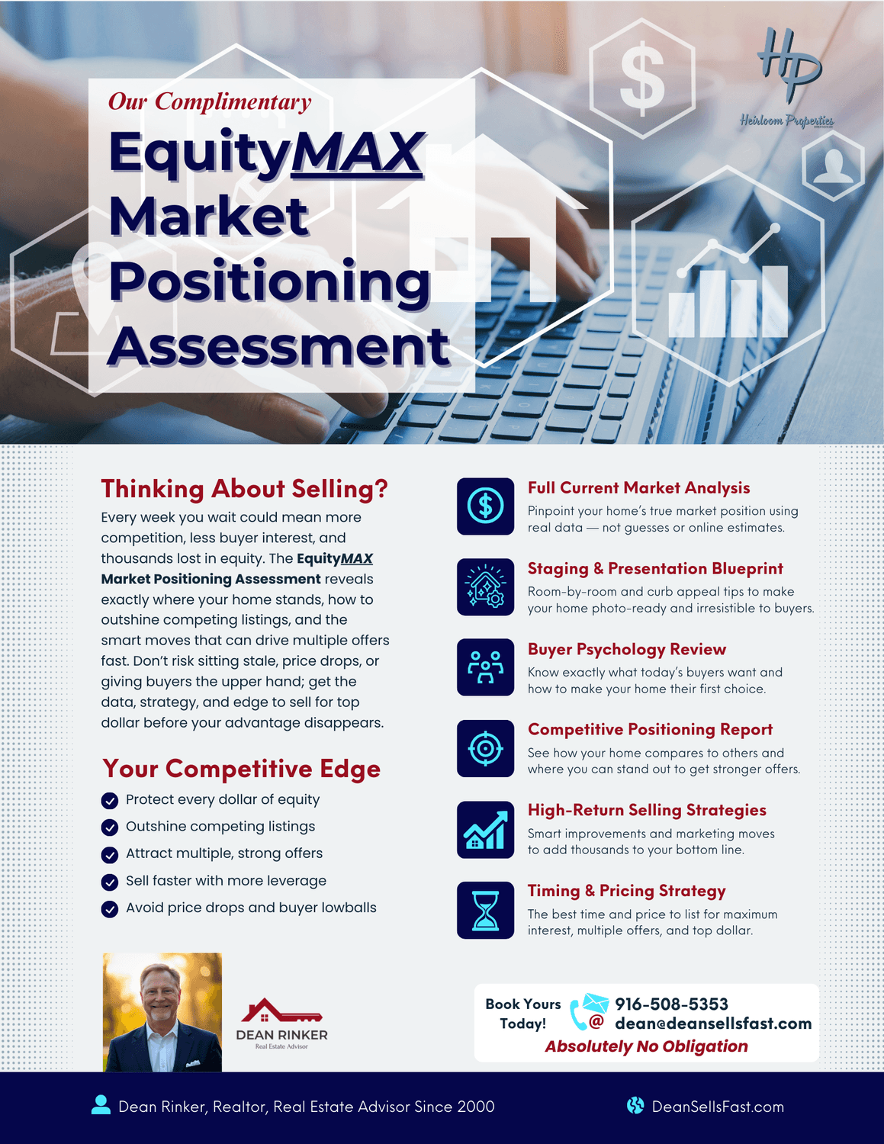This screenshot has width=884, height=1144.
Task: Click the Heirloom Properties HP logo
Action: coord(787,77)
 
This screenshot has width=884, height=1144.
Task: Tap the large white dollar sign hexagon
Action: coord(641,79)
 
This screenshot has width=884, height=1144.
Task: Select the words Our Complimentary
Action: coord(210,101)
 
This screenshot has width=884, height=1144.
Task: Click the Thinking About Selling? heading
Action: coord(244,489)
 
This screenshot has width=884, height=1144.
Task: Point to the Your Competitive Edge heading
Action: coord(241,769)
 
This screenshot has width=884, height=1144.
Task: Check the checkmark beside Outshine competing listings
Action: coord(110,827)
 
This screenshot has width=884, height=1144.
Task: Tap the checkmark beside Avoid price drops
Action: coord(110,908)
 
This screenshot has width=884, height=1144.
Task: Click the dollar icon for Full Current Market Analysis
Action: coord(485,506)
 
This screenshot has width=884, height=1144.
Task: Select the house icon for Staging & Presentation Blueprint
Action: coord(485,587)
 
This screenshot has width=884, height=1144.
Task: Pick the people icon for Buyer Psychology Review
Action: coord(485,667)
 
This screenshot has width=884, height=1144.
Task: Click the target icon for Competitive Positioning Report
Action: coord(485,749)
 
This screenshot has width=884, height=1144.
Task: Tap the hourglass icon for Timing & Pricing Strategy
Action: coord(485,911)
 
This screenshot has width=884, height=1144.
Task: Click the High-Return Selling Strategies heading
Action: coord(647,810)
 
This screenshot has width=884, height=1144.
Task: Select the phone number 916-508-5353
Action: coord(671,1004)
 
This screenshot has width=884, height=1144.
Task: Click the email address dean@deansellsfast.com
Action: coord(713,1023)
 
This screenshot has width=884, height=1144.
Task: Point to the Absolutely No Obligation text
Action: coord(647,1046)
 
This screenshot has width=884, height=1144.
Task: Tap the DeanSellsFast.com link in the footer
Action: coord(718,1107)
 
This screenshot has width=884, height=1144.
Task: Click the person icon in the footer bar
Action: coord(101,1105)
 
